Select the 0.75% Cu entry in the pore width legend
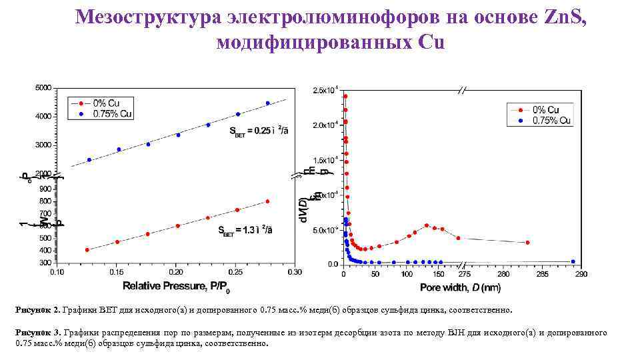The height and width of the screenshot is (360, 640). pyautogui.click(x=548, y=121)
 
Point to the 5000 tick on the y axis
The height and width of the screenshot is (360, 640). pyautogui.click(x=42, y=88)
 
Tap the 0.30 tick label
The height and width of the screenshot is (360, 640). pyautogui.click(x=293, y=272)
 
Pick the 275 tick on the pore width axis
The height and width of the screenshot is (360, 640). pyautogui.click(x=464, y=273)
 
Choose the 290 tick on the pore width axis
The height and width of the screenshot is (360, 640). pyautogui.click(x=581, y=273)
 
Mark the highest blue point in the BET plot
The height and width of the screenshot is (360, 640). pyautogui.click(x=267, y=103)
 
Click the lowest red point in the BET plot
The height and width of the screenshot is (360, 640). pyautogui.click(x=87, y=249)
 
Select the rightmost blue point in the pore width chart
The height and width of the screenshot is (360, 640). pyautogui.click(x=573, y=261)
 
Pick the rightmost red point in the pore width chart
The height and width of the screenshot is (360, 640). pyautogui.click(x=527, y=243)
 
